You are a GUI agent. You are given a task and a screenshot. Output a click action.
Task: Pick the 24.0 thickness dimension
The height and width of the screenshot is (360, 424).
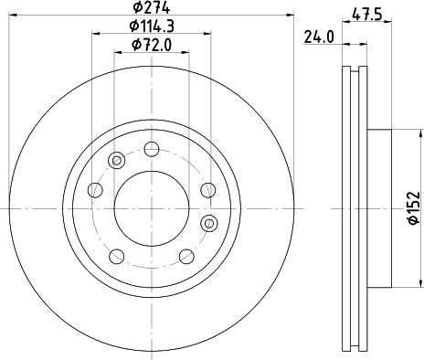tap(316, 38)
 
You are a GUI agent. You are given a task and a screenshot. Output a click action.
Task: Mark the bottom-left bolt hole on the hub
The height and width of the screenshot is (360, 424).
tap(117, 256)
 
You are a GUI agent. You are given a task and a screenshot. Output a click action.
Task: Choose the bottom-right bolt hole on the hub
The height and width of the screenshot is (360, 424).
tap(186, 256)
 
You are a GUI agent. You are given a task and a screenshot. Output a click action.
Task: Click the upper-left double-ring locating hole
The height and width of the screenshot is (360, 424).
tap(116, 161)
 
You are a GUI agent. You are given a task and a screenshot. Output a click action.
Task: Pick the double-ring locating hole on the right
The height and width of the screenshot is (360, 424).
tap(209, 222)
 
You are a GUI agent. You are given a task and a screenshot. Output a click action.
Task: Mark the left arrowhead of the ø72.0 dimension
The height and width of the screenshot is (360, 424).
tap(116, 51)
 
